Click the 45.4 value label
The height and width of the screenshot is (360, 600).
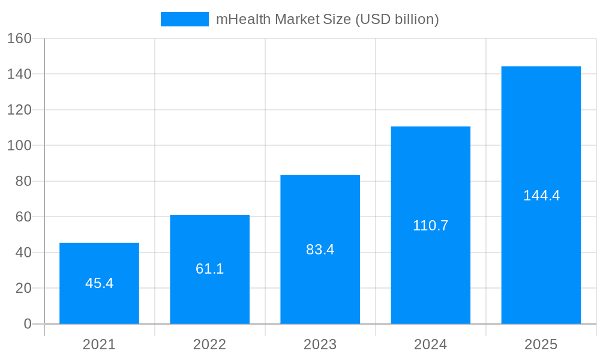99,283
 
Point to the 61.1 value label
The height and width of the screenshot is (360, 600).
209,269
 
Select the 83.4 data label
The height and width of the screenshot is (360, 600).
320,250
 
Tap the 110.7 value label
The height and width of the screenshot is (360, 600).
430,226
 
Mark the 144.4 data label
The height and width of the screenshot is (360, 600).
541,196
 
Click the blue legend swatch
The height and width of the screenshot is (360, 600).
184,19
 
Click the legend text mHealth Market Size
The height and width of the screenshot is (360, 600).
327,19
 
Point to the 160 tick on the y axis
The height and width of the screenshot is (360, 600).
19,38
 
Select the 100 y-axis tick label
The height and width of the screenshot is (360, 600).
19,145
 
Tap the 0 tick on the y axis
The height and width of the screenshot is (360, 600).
28,324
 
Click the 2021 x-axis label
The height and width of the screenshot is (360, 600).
99,344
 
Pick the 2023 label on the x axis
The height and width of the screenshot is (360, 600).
320,344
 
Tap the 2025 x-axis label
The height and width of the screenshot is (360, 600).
541,344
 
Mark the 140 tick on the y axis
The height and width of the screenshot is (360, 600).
19,74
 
